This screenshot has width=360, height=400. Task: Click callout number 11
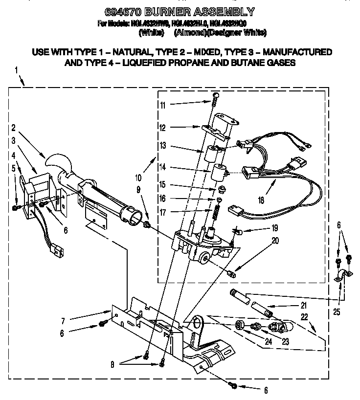(163, 105)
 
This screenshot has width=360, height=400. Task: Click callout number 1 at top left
(16, 71)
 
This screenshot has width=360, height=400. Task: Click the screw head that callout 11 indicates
(217, 96)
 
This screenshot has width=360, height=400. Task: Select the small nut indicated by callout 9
(146, 226)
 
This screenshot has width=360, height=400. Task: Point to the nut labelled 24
(240, 325)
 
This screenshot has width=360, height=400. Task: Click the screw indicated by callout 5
(16, 207)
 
